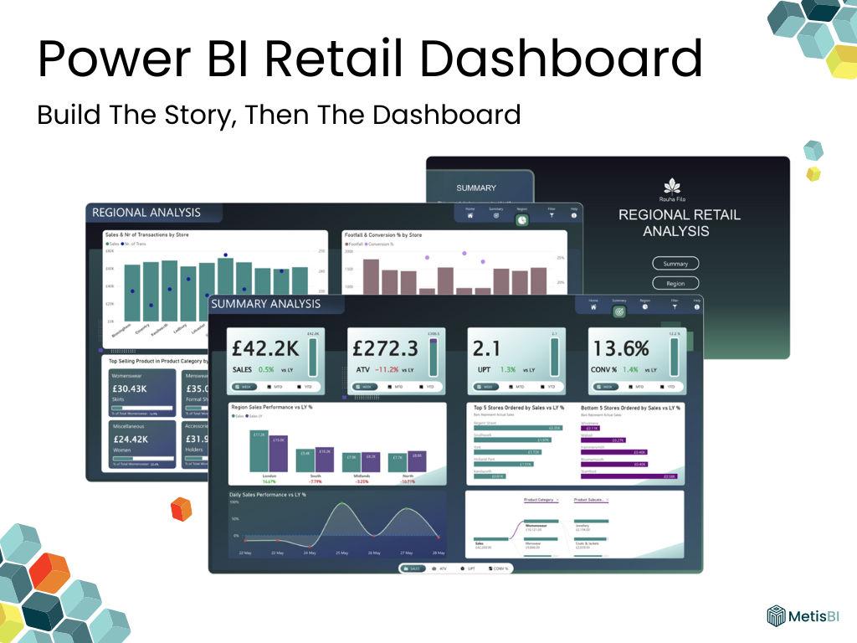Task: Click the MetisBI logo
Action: [802, 617]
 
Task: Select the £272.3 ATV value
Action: [385, 347]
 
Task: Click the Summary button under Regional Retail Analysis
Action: [675, 263]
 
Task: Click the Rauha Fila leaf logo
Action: [672, 186]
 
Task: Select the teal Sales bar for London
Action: [259, 452]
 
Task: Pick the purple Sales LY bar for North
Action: [418, 462]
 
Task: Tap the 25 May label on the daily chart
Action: [342, 553]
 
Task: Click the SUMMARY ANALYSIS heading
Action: [265, 304]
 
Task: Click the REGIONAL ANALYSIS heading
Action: [146, 213]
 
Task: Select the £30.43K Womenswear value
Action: [129, 388]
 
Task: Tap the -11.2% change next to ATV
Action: [387, 369]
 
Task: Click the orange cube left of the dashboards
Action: [181, 509]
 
